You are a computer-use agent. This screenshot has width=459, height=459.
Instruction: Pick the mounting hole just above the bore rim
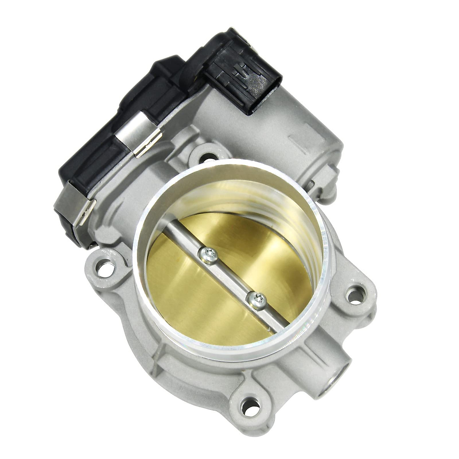pyautogui.click(x=207, y=157)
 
